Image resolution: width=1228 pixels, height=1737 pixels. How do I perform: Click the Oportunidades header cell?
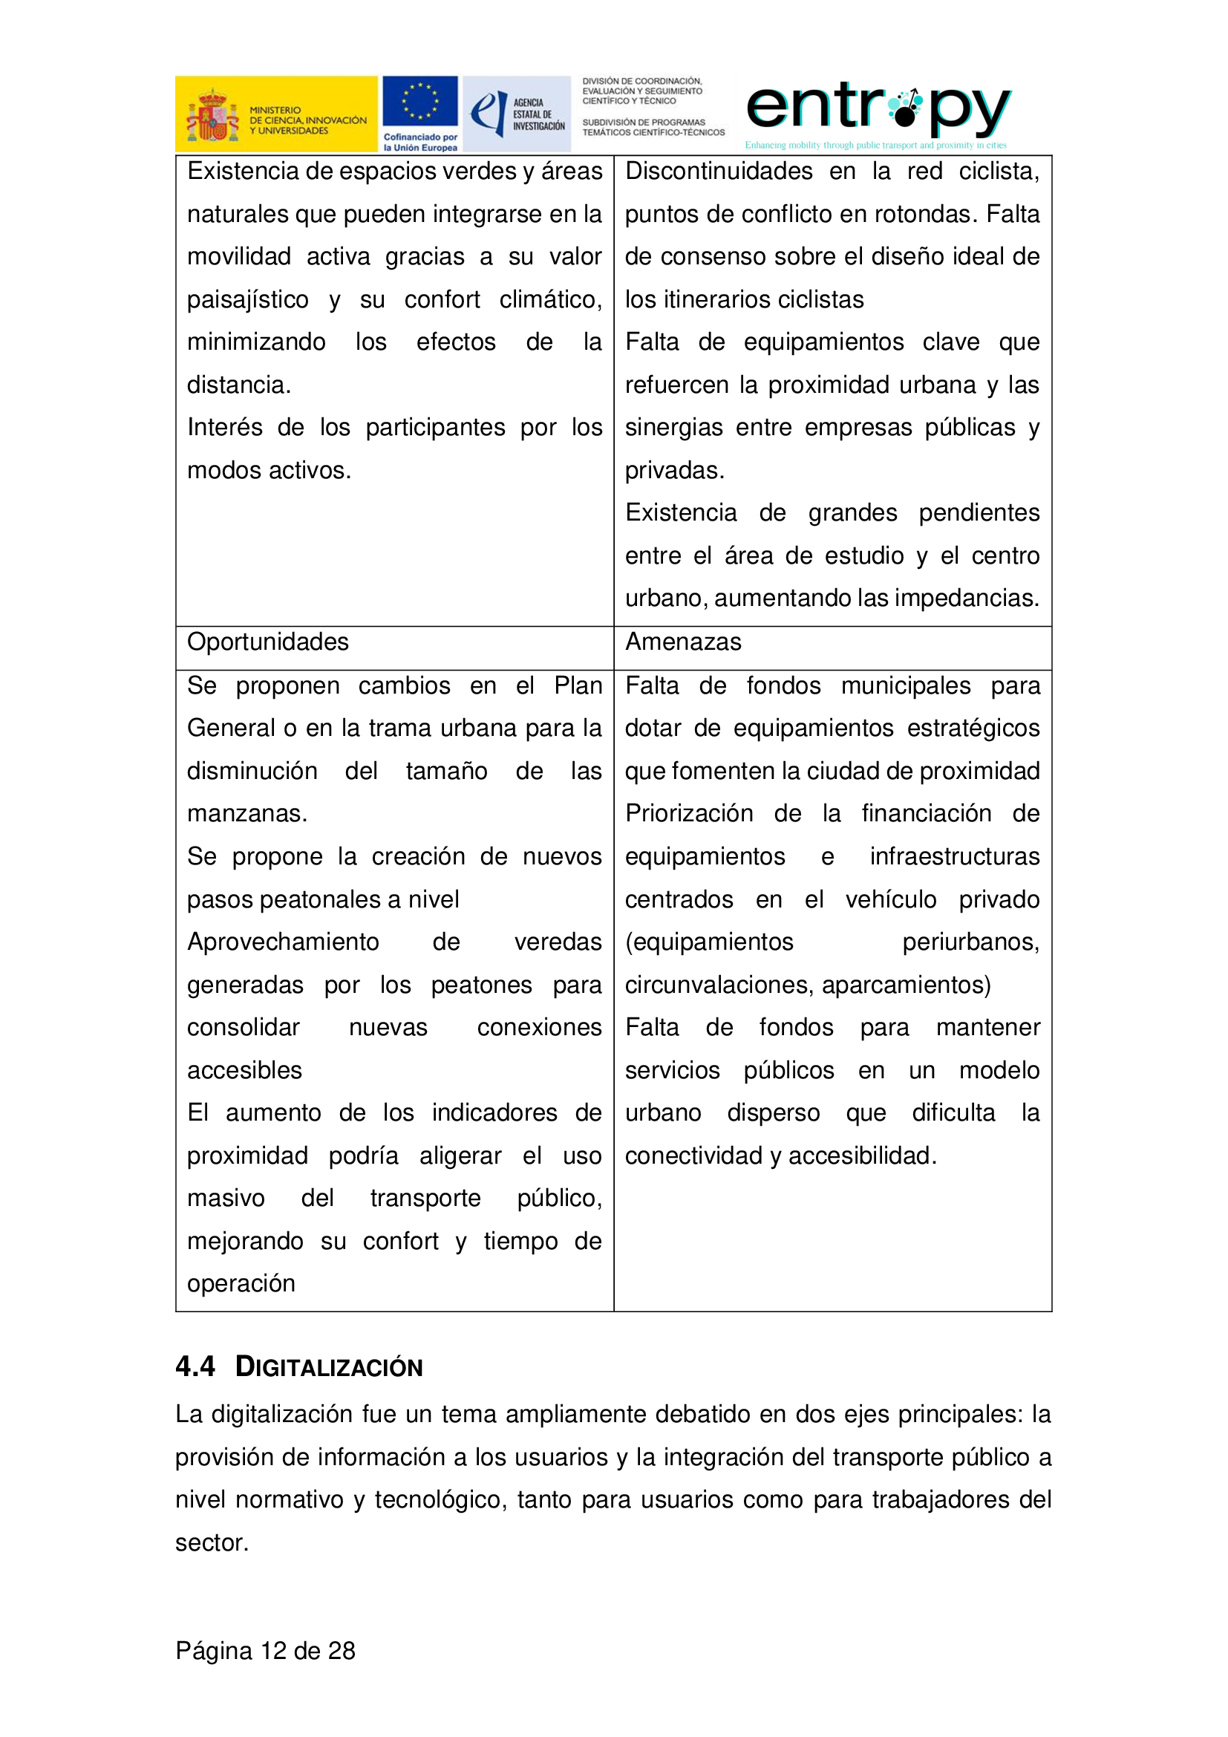point(268,642)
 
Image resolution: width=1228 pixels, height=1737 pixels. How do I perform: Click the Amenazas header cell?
point(683,642)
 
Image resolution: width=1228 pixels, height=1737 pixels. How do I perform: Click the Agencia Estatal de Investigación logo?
point(517,114)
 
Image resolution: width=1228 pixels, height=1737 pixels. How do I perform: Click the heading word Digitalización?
point(329,1367)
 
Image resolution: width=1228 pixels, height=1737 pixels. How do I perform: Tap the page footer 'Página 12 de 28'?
point(265,1651)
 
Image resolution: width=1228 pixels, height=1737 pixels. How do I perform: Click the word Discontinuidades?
point(719,172)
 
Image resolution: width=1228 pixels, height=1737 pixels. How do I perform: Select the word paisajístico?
point(247,300)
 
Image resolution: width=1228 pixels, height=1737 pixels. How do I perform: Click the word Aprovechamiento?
point(283,942)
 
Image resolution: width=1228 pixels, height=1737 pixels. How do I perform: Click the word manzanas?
point(246,814)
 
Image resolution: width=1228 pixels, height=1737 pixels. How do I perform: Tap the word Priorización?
point(689,814)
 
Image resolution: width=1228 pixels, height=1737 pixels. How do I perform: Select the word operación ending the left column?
point(241,1284)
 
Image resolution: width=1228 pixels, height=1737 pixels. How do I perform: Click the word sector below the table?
point(210,1542)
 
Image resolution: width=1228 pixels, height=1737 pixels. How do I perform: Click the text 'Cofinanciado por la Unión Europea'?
point(419,143)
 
